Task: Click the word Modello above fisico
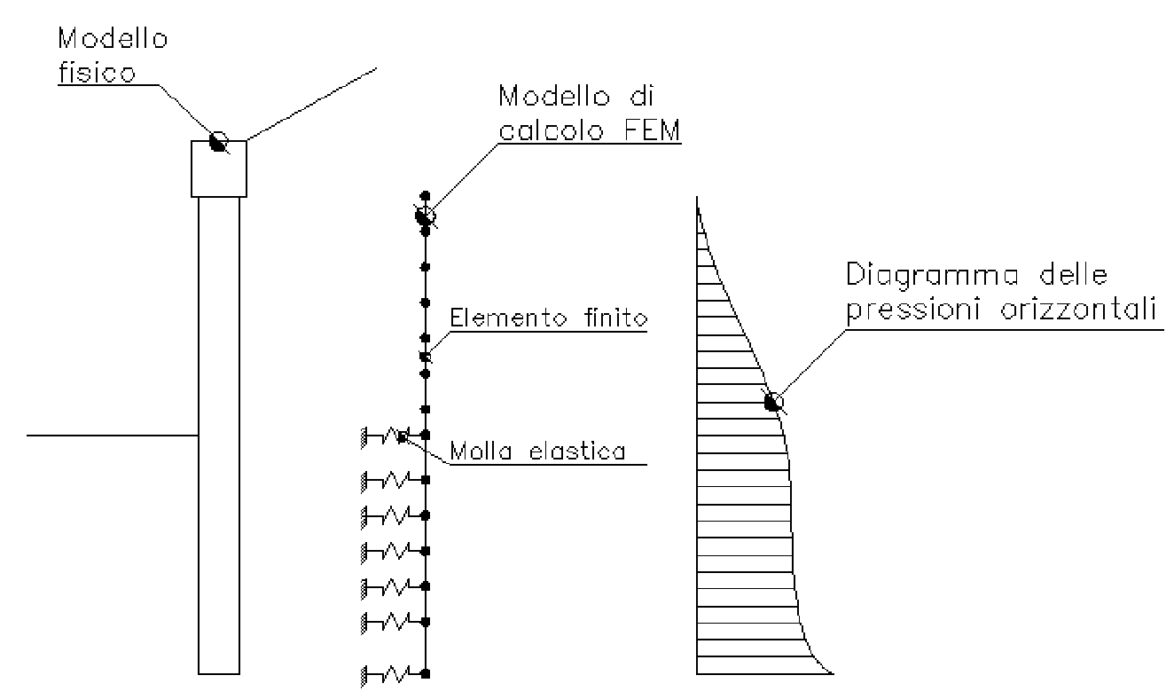(113, 39)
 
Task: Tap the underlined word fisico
(97, 72)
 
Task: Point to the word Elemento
(499, 318)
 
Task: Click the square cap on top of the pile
(219, 168)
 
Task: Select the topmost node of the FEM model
(425, 195)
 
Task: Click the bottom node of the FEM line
(426, 675)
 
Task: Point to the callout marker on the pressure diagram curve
(773, 402)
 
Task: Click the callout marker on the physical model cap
(218, 140)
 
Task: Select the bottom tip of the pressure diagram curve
(832, 673)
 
